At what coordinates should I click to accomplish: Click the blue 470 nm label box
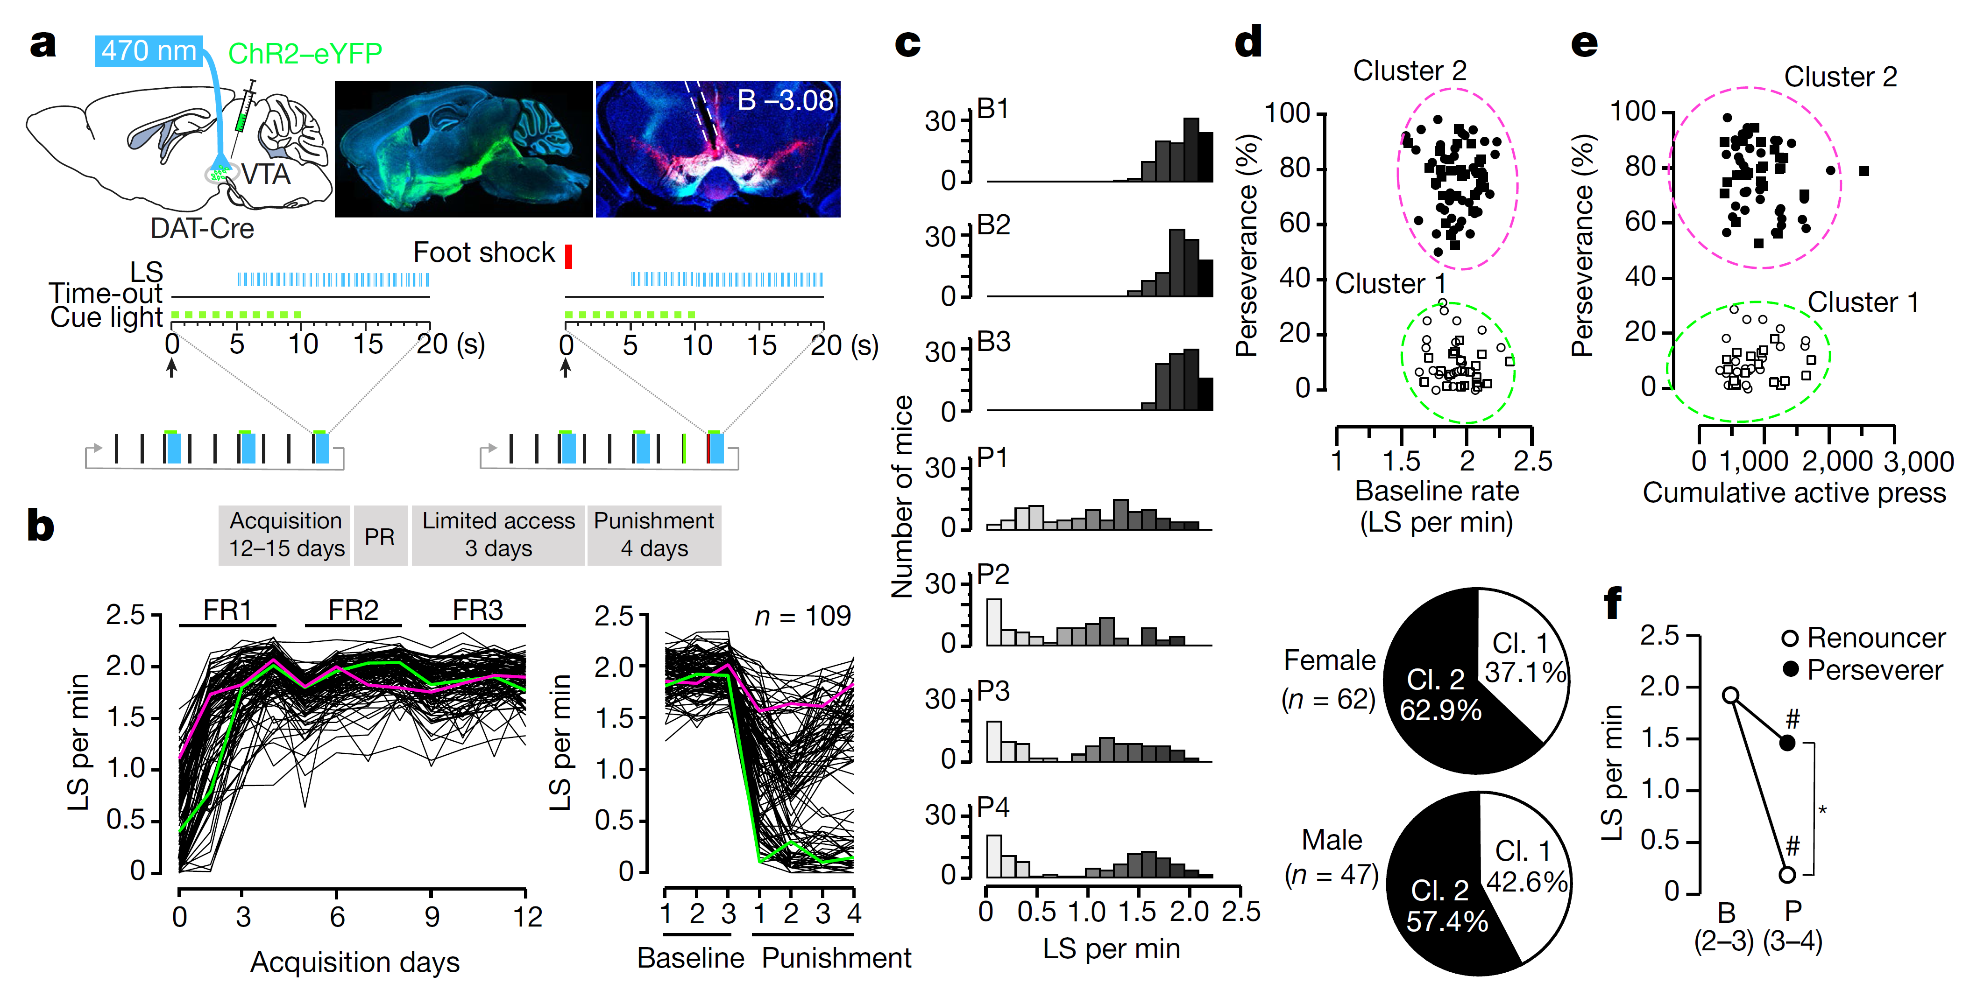149,51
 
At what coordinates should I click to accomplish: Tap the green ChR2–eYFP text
305,53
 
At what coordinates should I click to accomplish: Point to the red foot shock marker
568,256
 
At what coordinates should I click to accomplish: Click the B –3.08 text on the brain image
784,100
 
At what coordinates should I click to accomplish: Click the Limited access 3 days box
498,535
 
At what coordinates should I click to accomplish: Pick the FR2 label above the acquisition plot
354,610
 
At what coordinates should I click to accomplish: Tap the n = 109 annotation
802,616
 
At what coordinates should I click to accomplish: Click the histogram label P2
993,574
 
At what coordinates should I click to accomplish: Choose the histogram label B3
993,341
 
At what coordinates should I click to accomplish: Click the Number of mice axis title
902,497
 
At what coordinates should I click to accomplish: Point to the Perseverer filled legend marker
1791,669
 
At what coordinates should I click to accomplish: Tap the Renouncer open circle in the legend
1791,638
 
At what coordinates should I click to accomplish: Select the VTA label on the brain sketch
266,174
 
